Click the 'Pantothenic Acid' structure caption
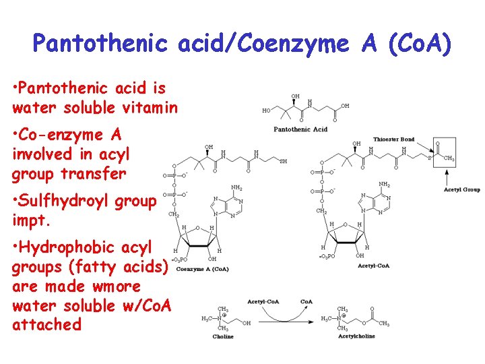pos(300,128)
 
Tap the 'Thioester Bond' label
pos(394,140)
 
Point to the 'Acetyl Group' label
pos(462,189)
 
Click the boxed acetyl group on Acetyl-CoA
pos(445,156)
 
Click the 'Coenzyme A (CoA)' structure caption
pos(203,269)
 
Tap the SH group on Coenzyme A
pos(283,161)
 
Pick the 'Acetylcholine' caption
pos(356,335)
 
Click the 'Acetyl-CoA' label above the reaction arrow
pos(263,301)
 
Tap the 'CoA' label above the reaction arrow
pos(306,301)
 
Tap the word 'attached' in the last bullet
pos(46,324)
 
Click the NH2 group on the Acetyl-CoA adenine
pos(384,184)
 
